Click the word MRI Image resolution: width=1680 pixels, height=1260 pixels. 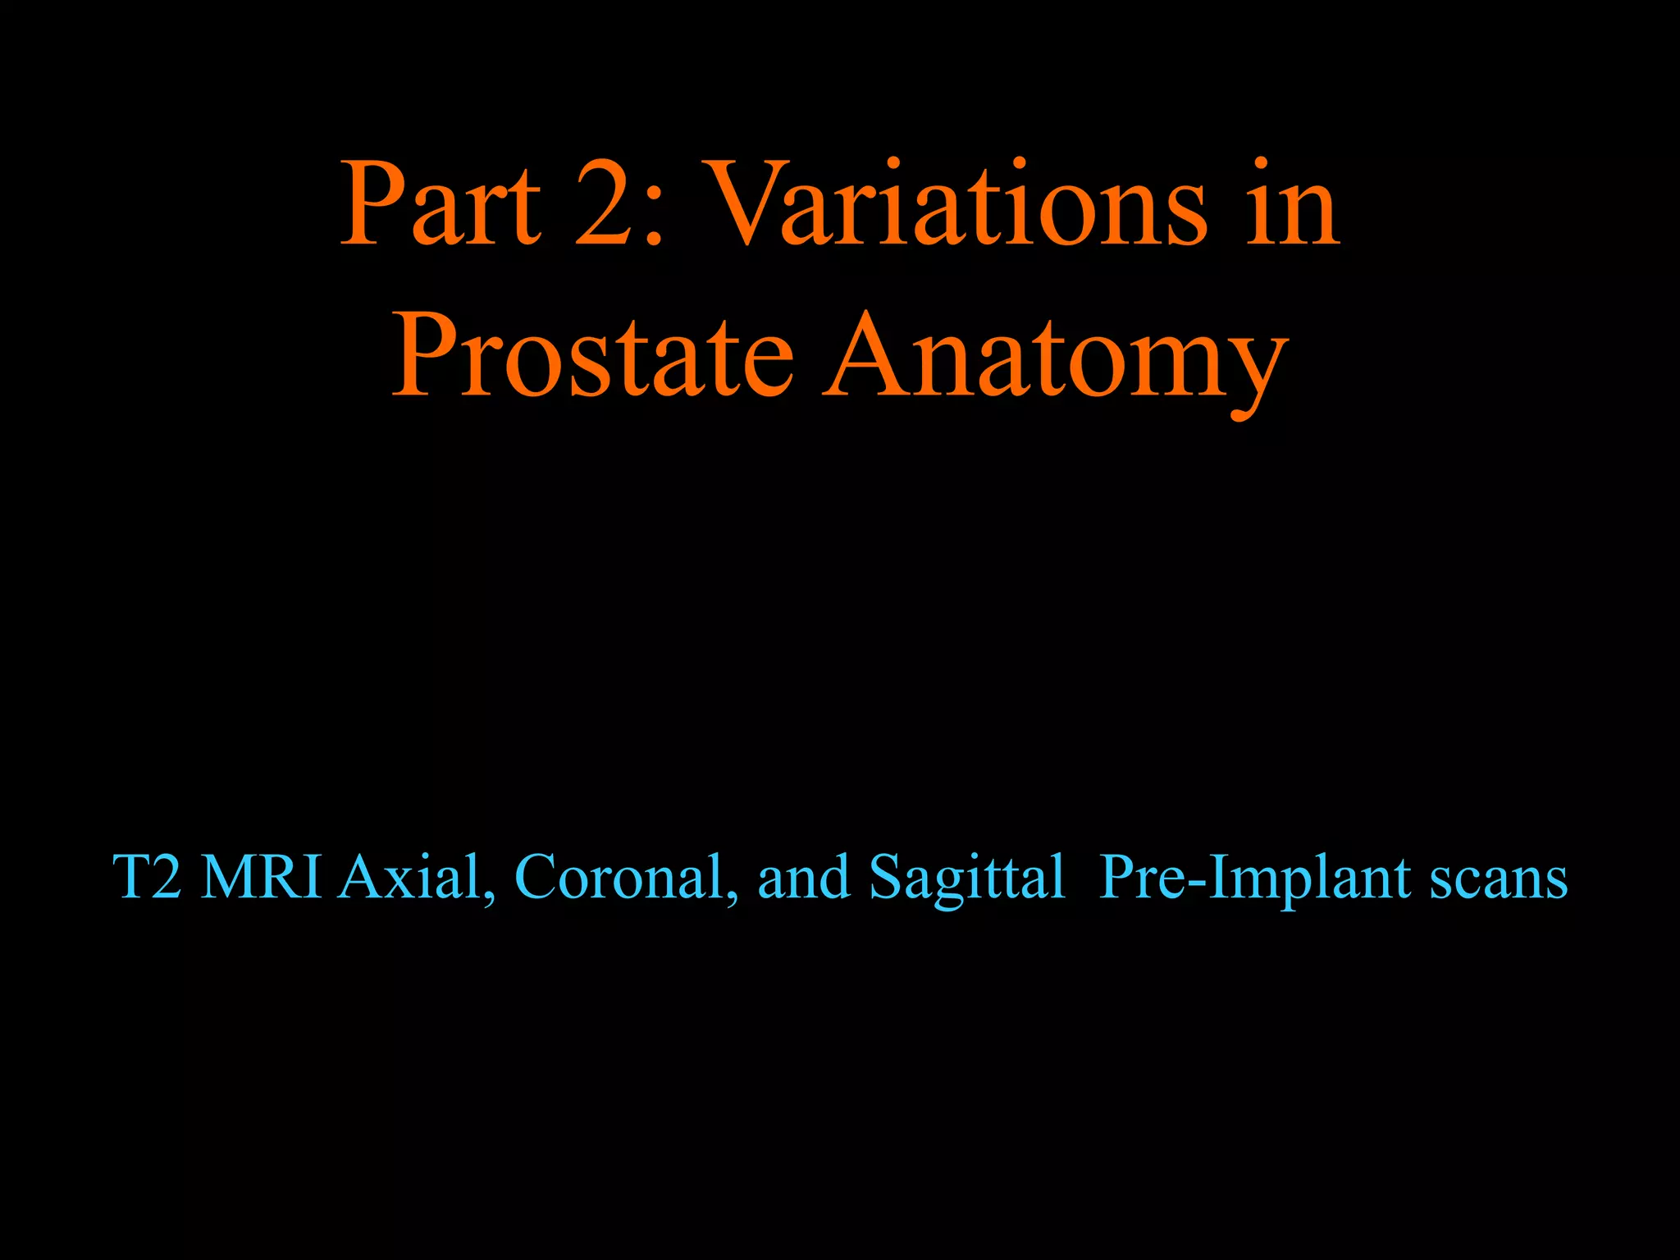(261, 877)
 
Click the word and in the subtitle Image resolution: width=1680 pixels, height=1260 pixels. (803, 877)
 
